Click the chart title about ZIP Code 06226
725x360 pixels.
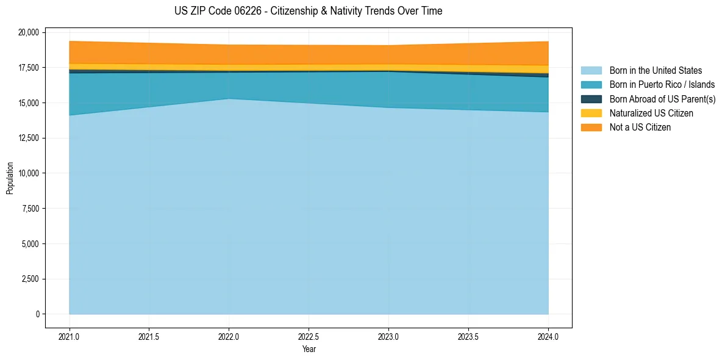pos(308,11)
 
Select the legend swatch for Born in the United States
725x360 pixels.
pos(591,71)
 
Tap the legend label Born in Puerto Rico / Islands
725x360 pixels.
pos(662,85)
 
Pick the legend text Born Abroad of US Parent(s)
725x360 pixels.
pos(662,99)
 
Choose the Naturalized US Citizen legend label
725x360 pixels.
pos(651,113)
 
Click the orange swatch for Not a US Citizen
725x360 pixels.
pos(591,128)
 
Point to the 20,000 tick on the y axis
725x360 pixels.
pos(29,32)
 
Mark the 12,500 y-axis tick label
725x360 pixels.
pos(29,138)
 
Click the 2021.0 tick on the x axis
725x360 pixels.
pos(70,336)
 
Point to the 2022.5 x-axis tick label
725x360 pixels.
pos(309,336)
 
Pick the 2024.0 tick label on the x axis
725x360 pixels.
pos(548,336)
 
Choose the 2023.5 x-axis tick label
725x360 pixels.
pos(468,336)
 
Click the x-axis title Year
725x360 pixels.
pos(309,350)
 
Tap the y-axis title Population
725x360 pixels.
pos(10,178)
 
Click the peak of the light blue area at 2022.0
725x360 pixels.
pos(229,99)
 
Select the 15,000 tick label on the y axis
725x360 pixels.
pos(29,103)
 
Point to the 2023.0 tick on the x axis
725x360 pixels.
pos(388,336)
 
